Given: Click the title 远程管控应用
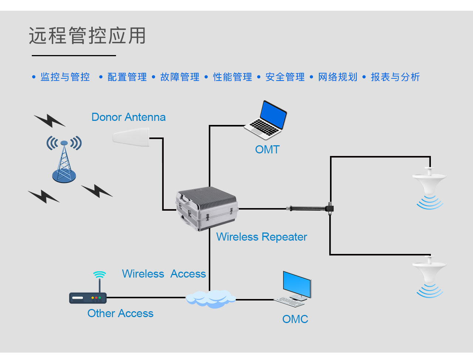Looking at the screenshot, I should click(x=87, y=36).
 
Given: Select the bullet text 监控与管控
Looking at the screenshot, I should click(x=65, y=77).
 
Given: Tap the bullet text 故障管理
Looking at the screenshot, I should click(x=180, y=77).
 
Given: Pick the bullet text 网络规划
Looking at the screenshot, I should click(x=338, y=77).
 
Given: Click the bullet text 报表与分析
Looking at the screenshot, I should click(x=395, y=77).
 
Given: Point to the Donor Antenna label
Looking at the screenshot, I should click(x=128, y=117).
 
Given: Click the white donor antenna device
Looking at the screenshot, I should click(x=131, y=137).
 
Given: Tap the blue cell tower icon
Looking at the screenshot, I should click(x=64, y=161).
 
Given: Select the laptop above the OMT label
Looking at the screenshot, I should click(x=266, y=120).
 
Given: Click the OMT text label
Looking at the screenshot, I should click(x=267, y=150).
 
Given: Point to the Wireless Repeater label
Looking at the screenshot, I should click(x=261, y=237).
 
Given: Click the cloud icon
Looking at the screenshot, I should click(x=210, y=299).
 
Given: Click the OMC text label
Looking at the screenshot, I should click(x=295, y=319).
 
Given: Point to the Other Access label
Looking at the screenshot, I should click(x=120, y=313).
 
